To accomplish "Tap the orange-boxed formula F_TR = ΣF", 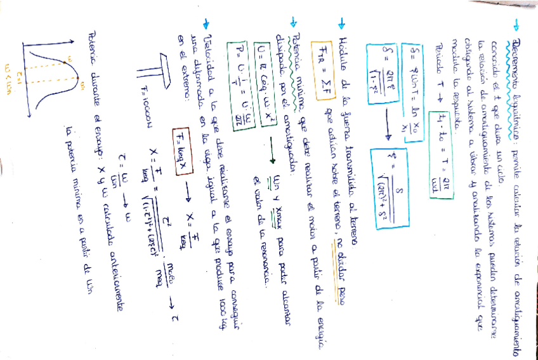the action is click(321, 50).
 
